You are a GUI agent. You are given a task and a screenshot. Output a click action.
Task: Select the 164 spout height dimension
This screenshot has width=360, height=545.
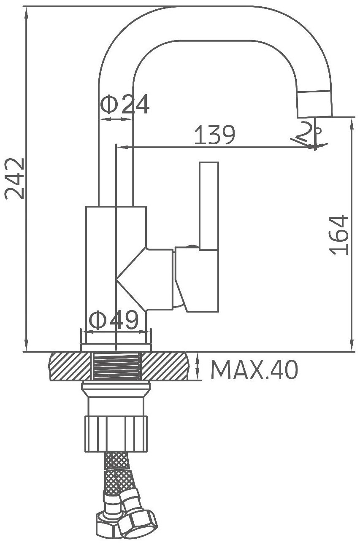coord(338,235)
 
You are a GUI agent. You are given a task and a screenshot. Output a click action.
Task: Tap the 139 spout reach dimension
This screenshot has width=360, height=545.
coord(215,135)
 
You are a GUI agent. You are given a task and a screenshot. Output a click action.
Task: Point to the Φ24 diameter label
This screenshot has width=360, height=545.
coord(125,104)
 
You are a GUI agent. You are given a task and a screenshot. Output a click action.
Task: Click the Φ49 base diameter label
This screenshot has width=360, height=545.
coord(114,319)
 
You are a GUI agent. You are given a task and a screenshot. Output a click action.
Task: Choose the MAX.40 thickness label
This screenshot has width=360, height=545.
coord(254,370)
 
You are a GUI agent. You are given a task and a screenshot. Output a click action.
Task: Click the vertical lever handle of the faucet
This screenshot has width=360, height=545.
coord(209,206)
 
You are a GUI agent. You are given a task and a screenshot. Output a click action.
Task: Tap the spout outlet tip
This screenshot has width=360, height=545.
coord(315,105)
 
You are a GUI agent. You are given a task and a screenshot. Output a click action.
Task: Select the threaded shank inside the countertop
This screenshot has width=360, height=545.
coord(116,366)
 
